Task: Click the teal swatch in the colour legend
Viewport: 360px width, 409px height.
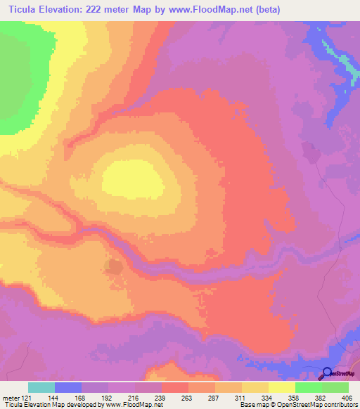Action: (x=41, y=387)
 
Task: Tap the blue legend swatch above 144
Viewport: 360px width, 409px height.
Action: (x=67, y=387)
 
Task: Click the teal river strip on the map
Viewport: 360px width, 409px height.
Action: (x=337, y=59)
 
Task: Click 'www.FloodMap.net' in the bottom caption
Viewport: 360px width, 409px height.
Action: (x=133, y=405)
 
